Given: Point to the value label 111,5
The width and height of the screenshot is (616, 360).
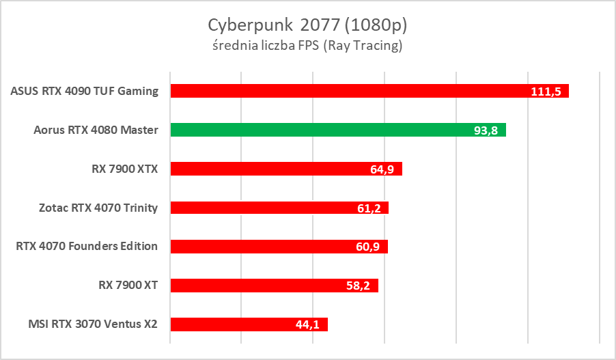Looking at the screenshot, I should (x=546, y=92).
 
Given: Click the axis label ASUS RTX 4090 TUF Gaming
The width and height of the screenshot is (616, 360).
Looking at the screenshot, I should (x=85, y=91).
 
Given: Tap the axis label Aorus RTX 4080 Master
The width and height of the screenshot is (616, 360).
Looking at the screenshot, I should (x=96, y=130).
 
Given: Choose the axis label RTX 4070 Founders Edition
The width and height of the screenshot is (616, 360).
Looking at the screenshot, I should (x=87, y=247).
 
